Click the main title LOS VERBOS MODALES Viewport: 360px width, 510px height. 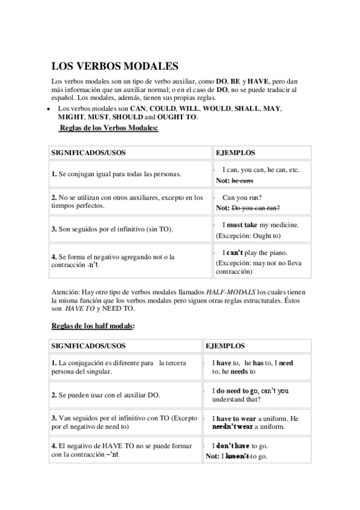tap(115, 66)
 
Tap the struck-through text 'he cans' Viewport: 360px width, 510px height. tap(242, 180)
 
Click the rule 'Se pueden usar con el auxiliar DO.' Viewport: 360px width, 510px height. tap(106, 396)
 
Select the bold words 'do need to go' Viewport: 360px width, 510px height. tap(238, 390)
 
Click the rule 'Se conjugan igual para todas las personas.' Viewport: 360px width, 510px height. tap(116, 174)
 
